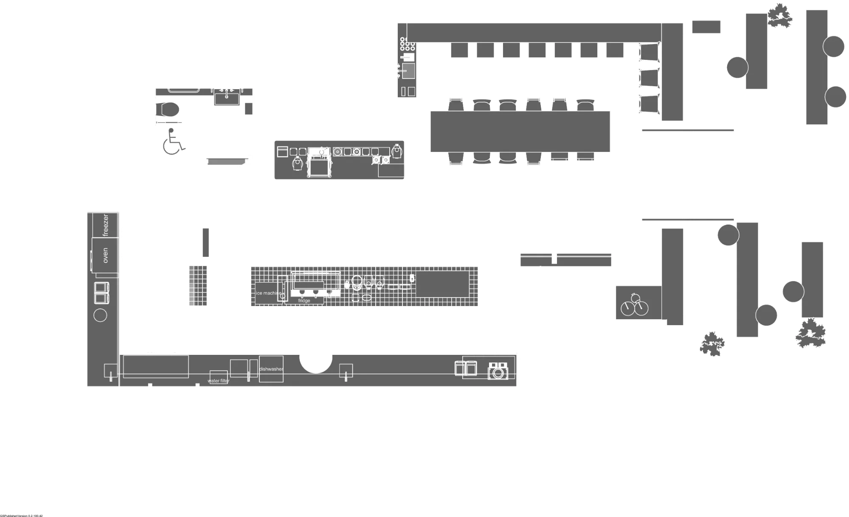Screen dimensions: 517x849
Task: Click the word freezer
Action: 106,225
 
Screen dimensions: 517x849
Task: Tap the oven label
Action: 105,256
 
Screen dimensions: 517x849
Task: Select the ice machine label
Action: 268,293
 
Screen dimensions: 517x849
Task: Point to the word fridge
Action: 304,301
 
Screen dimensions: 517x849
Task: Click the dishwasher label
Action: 271,369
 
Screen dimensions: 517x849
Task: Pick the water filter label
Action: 219,381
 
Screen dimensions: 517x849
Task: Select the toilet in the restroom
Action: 169,109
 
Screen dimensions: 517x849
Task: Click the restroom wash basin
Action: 227,98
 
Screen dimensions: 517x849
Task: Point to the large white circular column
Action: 316,356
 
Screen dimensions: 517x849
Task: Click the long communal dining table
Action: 520,131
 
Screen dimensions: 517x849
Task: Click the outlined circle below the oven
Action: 100,315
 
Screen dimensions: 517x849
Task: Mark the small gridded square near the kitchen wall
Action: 199,286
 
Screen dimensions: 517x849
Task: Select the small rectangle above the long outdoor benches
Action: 707,26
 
